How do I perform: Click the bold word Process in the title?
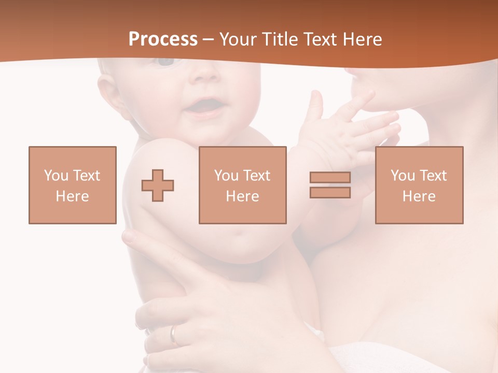tap(163, 39)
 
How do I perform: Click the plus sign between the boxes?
tap(158, 185)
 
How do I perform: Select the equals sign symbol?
tap(330, 185)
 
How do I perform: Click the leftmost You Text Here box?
tap(73, 185)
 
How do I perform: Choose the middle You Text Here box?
tap(242, 185)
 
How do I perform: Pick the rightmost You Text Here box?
tap(419, 185)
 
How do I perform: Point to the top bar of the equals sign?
tap(330, 177)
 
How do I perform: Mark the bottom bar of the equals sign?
tap(330, 192)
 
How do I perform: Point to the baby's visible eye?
tap(166, 62)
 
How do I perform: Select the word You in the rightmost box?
tap(403, 176)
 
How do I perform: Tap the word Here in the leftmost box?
tap(73, 196)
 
